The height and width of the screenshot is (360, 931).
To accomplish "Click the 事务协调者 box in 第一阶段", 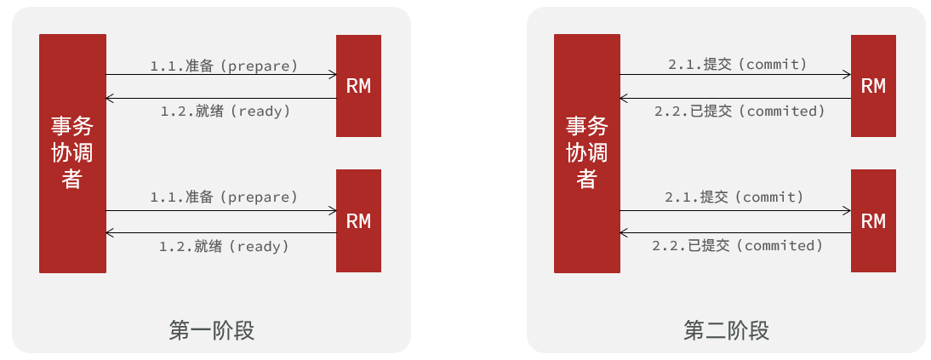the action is [x=72, y=153].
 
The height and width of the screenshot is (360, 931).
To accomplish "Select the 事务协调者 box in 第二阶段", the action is [x=587, y=153].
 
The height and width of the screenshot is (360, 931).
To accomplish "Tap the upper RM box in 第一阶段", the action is [x=358, y=86].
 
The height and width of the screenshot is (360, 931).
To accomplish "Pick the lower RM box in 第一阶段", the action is [x=358, y=221].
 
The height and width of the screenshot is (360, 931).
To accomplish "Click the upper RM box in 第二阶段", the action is [x=873, y=86].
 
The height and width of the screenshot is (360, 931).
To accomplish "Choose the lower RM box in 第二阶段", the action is [x=873, y=221].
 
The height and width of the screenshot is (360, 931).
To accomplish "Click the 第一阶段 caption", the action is [x=212, y=330].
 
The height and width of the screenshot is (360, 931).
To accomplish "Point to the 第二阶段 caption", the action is [x=726, y=330].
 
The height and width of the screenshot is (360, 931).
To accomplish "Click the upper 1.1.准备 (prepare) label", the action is [x=224, y=66].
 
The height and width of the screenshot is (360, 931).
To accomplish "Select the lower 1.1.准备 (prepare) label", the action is [x=224, y=197].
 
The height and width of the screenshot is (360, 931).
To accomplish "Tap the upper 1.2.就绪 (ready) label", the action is [x=226, y=111].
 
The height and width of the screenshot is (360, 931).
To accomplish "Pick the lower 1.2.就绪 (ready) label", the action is [x=224, y=245].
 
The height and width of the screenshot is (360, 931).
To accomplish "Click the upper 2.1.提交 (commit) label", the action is [x=738, y=64].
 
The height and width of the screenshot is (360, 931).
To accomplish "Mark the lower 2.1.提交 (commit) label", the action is [x=734, y=196].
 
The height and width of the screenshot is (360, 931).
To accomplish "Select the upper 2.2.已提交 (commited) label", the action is [x=740, y=111].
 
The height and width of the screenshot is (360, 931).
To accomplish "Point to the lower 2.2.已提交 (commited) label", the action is [x=738, y=245].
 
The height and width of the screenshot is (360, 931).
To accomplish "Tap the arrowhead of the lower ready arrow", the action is [x=109, y=233].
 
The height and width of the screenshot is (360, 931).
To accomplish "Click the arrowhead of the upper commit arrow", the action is [x=848, y=75].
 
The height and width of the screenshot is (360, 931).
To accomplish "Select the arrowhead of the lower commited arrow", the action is [x=624, y=233].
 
